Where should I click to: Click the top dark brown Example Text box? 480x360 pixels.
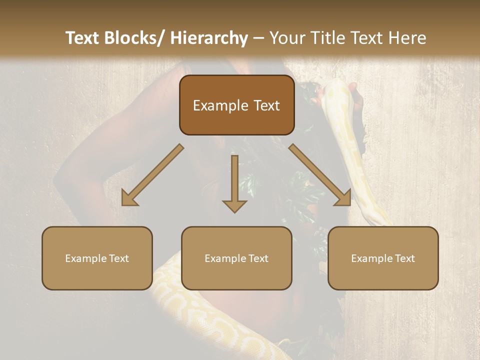[236, 105]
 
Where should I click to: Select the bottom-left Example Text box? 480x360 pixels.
[97, 258]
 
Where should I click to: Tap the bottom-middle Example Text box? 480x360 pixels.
[236, 258]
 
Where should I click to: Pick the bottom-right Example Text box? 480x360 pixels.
[383, 258]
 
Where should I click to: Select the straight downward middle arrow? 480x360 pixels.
[234, 182]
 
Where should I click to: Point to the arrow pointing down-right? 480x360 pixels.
[319, 174]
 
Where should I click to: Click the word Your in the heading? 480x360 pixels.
[285, 38]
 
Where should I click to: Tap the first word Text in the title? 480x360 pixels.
[82, 38]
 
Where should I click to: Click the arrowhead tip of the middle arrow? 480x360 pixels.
[234, 211]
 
